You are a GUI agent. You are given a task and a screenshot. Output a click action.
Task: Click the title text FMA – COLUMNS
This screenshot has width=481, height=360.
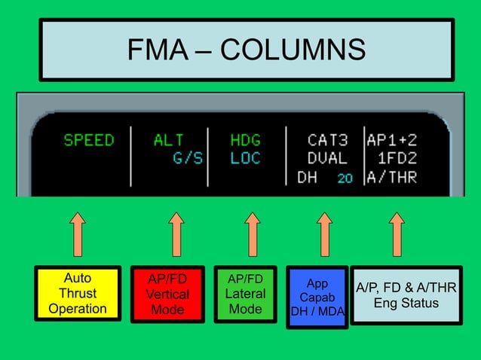point(246,50)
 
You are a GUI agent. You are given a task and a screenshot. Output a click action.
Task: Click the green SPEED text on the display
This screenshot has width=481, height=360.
point(89,141)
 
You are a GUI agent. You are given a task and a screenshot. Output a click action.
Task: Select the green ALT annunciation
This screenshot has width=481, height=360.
point(169,141)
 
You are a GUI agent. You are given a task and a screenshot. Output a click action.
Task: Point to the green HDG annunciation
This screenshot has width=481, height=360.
point(245,141)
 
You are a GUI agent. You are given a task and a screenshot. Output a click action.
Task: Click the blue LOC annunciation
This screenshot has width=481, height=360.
point(245,159)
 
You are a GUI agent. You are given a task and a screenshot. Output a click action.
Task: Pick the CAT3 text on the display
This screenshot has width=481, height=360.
point(327,141)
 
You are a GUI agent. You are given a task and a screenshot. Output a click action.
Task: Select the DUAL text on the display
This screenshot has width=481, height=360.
point(327,159)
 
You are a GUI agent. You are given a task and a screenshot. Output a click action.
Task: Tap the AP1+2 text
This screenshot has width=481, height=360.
point(391,141)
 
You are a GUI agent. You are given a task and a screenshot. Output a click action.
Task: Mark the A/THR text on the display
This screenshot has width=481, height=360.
point(391,178)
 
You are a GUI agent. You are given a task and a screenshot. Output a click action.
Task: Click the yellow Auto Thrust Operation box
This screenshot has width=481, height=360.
point(78,294)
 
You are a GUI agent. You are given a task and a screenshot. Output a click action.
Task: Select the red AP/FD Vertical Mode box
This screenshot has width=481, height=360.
point(167,294)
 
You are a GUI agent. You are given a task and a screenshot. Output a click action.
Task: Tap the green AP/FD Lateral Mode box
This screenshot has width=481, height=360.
point(245,294)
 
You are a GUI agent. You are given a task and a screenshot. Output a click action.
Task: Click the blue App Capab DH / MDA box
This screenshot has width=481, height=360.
point(317,297)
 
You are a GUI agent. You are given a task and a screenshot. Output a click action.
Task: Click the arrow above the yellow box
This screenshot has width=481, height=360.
point(78,233)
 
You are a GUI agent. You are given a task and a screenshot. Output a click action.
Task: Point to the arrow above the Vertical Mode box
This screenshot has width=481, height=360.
point(176,233)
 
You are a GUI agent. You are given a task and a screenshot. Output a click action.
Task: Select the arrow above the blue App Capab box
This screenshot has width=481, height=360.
point(324,233)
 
